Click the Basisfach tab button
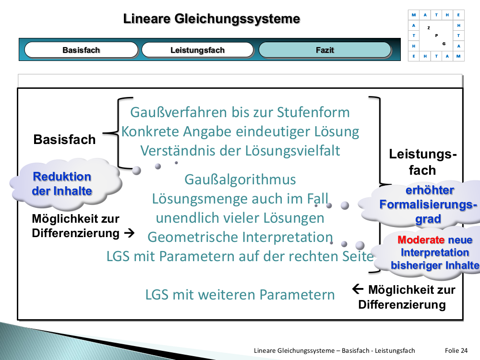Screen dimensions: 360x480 [x=81, y=50]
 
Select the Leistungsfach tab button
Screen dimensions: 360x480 [x=197, y=50]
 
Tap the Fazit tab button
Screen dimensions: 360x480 [x=325, y=50]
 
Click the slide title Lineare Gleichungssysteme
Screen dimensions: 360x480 [x=212, y=19]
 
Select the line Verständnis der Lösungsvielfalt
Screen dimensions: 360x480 [x=240, y=151]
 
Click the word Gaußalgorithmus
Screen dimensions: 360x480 [x=240, y=180]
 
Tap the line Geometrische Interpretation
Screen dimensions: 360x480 [x=240, y=237]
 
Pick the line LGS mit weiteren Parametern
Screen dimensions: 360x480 [x=240, y=294]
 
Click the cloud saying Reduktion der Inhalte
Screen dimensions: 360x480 [x=62, y=183]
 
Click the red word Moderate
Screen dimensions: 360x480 [x=421, y=240]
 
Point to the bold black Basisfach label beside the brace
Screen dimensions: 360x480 [x=64, y=140]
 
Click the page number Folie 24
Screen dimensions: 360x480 [x=456, y=350]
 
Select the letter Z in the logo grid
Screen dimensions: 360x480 [x=428, y=28]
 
